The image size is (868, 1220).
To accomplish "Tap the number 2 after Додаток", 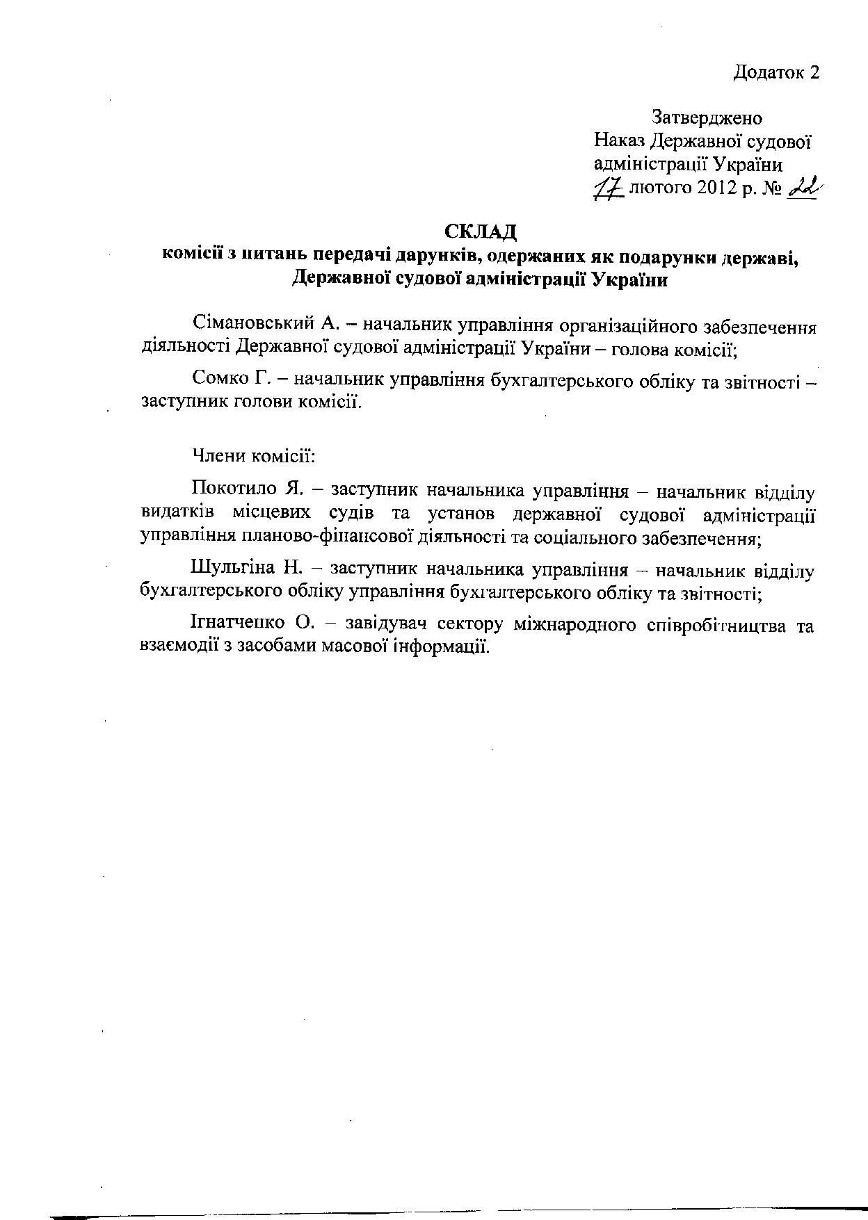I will coord(813,72).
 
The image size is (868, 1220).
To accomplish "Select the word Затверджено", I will coord(707,117).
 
